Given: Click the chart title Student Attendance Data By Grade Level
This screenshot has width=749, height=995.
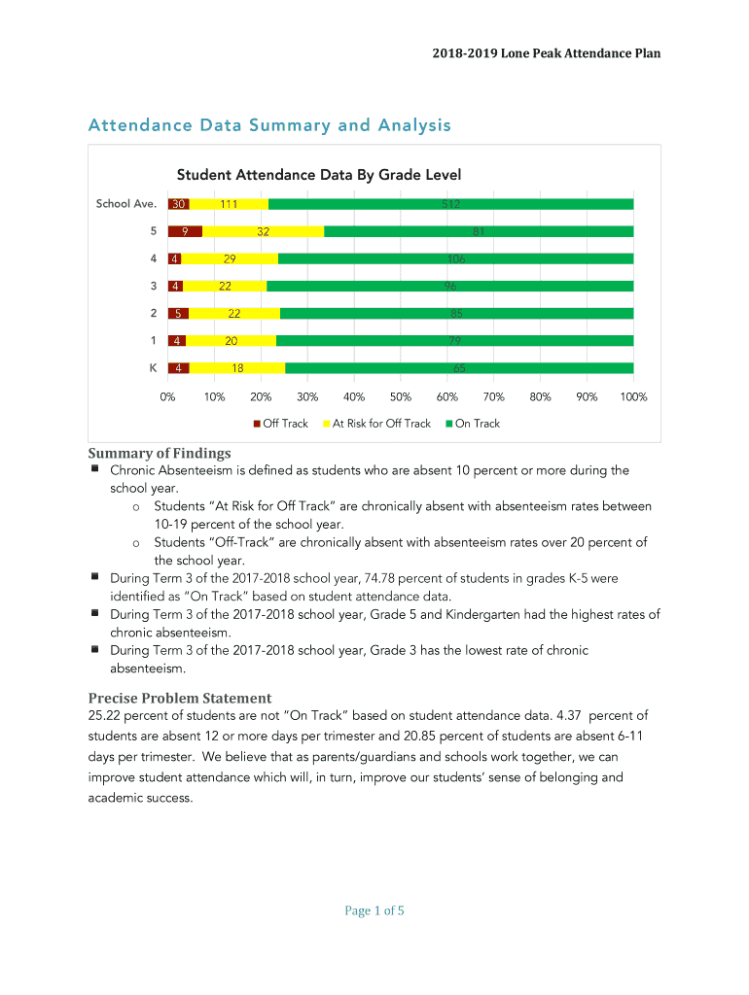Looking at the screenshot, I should click(x=318, y=175).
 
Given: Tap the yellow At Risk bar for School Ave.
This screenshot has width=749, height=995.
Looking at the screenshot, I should click(x=229, y=204).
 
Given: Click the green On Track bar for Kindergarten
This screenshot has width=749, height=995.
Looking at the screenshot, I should click(x=458, y=368).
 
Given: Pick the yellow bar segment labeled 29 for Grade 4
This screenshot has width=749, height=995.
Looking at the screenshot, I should click(x=230, y=258).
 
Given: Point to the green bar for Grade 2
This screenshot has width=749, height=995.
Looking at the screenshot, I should click(x=456, y=314).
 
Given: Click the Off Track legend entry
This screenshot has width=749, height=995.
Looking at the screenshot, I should click(x=281, y=424).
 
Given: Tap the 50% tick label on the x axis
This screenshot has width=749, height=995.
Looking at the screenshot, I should click(x=401, y=397).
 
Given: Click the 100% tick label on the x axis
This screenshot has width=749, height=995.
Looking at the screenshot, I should click(x=633, y=397).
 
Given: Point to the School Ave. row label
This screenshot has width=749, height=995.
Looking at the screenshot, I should click(x=125, y=204).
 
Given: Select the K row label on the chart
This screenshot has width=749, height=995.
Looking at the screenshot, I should click(x=153, y=368).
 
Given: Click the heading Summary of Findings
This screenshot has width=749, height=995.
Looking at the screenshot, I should click(x=160, y=453).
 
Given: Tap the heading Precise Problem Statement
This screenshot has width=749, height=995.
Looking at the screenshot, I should click(x=180, y=698).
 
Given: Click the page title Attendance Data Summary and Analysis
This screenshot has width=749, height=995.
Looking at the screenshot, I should click(x=269, y=125).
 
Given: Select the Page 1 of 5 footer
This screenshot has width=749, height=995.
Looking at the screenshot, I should click(x=374, y=910).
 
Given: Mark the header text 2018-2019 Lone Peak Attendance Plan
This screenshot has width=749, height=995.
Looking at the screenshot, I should click(x=547, y=53).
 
